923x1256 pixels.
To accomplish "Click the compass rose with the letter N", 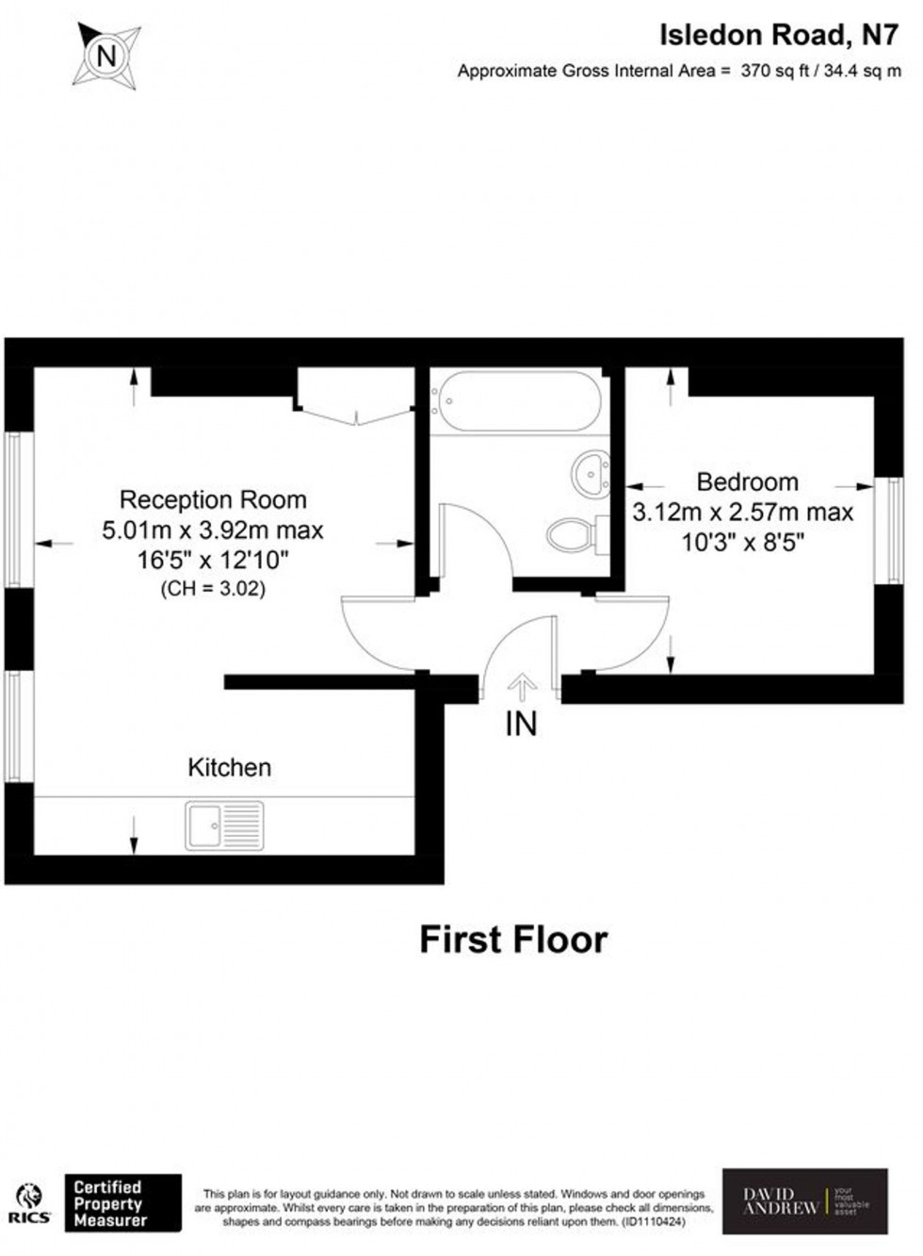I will click(107, 56).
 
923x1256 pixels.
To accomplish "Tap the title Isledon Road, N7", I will click(778, 35).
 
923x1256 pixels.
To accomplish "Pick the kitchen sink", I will click(224, 825).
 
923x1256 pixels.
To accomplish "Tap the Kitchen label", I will click(230, 767).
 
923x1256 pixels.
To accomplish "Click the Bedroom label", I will click(747, 482).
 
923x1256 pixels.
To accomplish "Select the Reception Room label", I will click(213, 499).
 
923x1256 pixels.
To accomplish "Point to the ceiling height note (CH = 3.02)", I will click(213, 589).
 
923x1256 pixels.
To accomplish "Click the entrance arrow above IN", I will click(522, 685).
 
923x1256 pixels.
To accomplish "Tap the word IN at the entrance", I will click(521, 724).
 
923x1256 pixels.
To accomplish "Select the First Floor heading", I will click(513, 939).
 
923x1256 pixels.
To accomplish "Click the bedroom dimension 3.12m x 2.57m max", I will click(742, 513).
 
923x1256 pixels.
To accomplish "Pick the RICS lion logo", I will click(30, 1202).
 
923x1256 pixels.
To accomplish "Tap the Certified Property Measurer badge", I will click(122, 1203).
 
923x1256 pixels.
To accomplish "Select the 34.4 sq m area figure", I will click(862, 71).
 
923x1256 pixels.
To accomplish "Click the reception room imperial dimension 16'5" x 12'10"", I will click(213, 561).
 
